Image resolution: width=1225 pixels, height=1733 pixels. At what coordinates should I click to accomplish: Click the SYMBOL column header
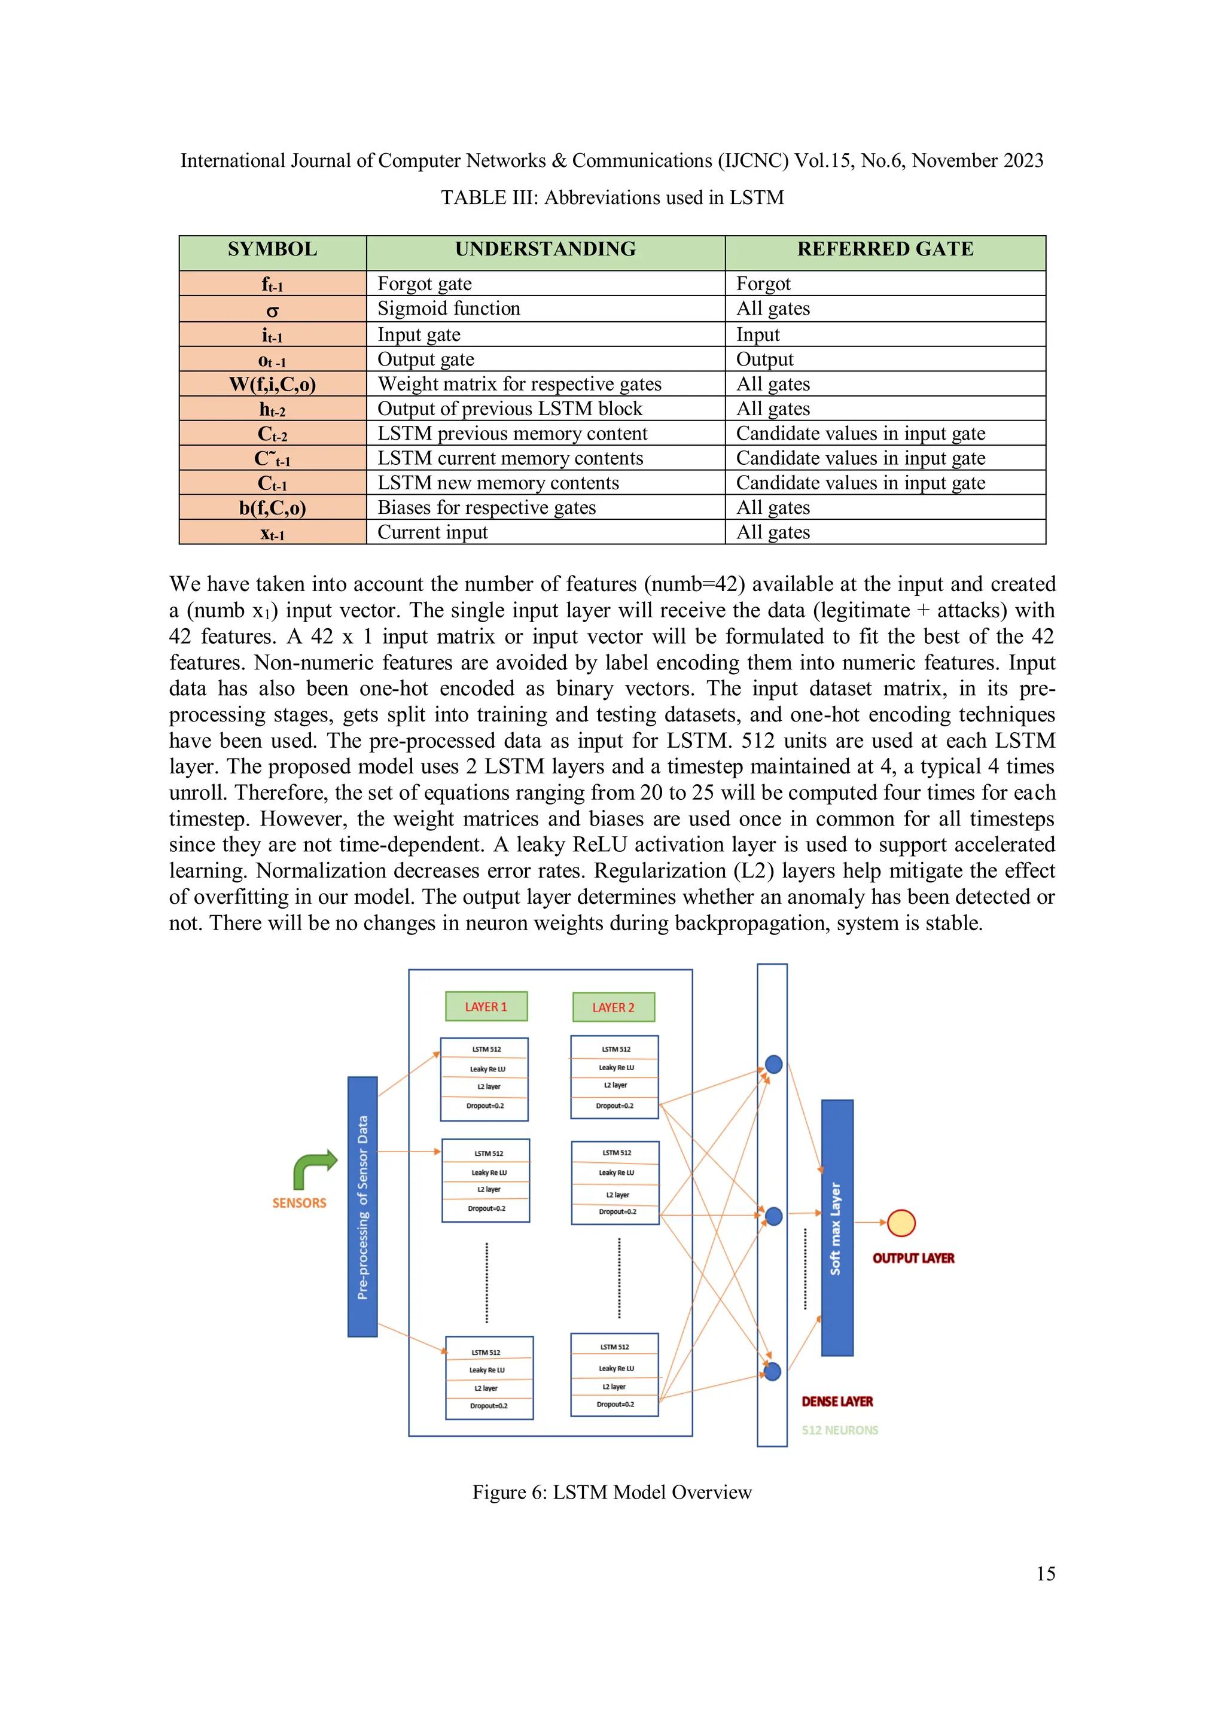(x=273, y=250)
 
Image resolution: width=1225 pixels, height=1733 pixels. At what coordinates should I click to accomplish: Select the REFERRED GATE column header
(x=885, y=250)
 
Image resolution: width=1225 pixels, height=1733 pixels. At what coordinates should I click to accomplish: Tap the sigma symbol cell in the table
(x=273, y=309)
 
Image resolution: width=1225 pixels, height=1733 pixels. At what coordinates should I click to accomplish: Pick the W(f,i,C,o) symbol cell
(x=273, y=384)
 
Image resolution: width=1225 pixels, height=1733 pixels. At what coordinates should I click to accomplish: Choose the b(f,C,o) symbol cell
(x=273, y=508)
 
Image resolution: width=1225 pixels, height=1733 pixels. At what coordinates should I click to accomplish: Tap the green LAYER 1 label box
(x=486, y=1007)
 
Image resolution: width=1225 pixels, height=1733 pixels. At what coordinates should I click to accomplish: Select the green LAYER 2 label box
(x=613, y=1007)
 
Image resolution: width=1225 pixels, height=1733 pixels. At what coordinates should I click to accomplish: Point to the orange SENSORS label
(x=299, y=1203)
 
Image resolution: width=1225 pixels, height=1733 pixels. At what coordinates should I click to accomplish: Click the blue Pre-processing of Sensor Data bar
(x=362, y=1206)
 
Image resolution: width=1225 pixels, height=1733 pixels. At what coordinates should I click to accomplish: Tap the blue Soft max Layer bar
(x=836, y=1228)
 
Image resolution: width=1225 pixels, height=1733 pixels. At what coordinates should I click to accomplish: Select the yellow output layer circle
(x=901, y=1223)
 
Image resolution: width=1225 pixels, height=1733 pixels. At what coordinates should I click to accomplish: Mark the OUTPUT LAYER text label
(x=913, y=1258)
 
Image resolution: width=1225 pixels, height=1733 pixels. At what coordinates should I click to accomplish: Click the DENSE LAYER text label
(x=837, y=1402)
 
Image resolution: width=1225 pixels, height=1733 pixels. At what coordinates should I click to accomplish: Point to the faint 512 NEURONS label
(x=839, y=1430)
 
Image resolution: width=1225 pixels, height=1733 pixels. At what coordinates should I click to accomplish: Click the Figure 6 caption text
(x=612, y=1492)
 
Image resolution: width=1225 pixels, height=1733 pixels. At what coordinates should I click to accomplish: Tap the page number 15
(x=1046, y=1573)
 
